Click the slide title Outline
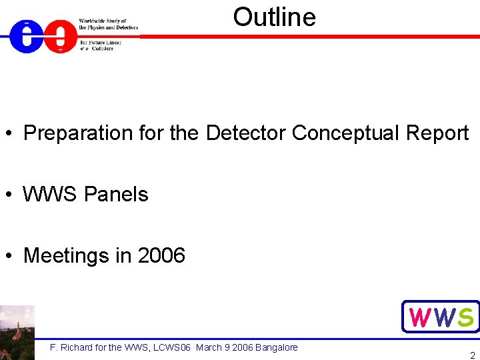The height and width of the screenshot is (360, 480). (274, 17)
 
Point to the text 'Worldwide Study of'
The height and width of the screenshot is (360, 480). (103, 21)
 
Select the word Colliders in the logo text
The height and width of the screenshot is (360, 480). (103, 49)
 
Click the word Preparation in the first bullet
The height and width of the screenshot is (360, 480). (78, 133)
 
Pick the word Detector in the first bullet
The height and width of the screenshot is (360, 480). (246, 133)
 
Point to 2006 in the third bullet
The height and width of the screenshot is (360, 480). (161, 256)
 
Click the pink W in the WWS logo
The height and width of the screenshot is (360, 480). (420, 317)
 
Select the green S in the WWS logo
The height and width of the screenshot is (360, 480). (466, 317)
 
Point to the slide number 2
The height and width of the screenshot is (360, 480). (472, 355)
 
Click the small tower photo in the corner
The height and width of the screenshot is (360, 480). (17, 332)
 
